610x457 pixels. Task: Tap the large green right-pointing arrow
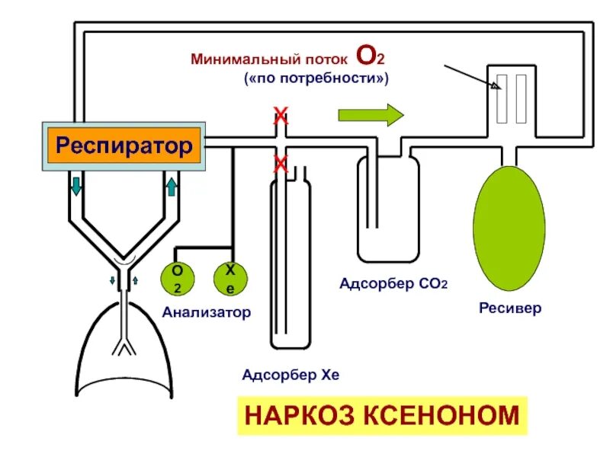(370, 116)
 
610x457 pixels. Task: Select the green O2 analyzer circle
(177, 279)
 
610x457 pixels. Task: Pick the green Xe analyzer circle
(229, 279)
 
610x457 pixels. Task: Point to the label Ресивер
(510, 308)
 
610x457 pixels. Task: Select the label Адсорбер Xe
(290, 375)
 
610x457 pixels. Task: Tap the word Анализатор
(206, 312)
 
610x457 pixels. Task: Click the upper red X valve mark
(281, 117)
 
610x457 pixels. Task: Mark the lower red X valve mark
(281, 162)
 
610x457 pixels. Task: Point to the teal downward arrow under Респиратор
(77, 185)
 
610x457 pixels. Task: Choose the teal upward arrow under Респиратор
(172, 185)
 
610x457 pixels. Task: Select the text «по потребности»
(316, 78)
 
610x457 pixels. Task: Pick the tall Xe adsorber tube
(291, 259)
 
